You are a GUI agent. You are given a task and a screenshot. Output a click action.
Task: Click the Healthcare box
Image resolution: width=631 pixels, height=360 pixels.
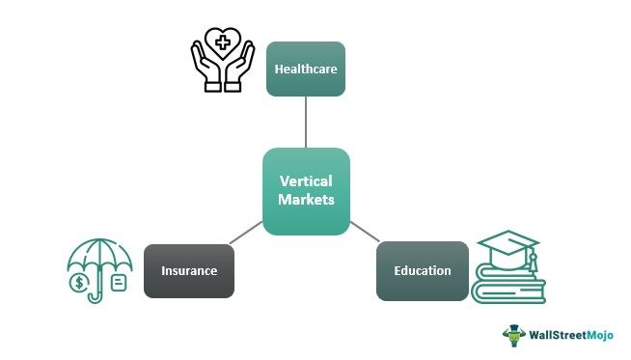[x=306, y=69]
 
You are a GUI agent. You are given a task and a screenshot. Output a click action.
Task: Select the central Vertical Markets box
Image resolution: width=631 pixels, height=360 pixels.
[x=306, y=190]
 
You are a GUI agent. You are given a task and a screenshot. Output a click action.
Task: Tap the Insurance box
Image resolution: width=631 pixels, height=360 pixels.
[x=188, y=270]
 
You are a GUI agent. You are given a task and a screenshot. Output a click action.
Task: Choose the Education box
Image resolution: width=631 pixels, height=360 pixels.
[x=422, y=270]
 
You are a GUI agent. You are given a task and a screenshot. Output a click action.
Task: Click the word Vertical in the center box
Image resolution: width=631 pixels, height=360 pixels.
[x=306, y=180]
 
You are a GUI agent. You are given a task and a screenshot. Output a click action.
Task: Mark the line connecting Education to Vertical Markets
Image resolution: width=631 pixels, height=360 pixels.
[x=364, y=233]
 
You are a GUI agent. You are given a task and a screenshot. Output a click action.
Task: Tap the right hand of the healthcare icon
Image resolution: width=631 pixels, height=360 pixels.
[x=241, y=69]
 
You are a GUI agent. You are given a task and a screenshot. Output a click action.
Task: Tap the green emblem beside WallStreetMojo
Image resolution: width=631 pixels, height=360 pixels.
[x=511, y=335]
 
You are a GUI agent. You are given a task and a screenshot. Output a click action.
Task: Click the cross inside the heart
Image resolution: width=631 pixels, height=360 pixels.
[x=222, y=42]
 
